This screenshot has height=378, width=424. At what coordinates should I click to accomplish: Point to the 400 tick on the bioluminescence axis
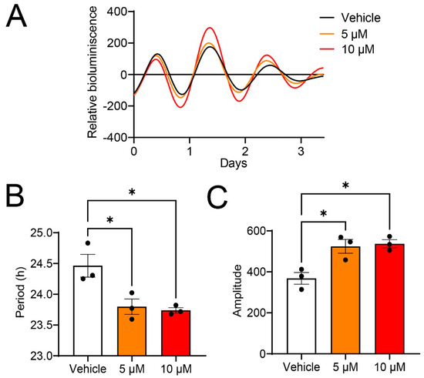(x=116, y=12)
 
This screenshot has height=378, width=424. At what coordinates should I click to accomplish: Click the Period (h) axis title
(x=24, y=294)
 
